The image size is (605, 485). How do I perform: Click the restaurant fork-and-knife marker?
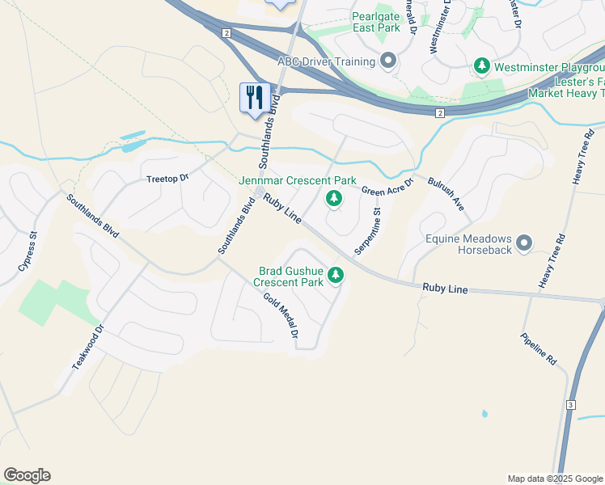click(x=256, y=98)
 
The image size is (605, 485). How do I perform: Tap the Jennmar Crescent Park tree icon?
click(x=332, y=198)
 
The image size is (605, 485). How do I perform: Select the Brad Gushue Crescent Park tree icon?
click(x=336, y=277)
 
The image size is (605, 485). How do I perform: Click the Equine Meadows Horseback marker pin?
click(x=524, y=242)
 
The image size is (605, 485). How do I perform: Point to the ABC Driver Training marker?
click(x=388, y=61)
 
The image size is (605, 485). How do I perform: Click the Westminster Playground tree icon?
click(x=481, y=64)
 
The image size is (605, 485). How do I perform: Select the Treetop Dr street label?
click(x=167, y=177)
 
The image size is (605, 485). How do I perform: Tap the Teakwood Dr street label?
click(x=88, y=348)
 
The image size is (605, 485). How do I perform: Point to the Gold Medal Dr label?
click(x=281, y=315)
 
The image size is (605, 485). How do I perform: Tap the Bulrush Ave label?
click(x=446, y=195)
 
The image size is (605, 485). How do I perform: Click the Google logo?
click(x=27, y=475)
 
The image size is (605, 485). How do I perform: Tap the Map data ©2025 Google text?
click(x=554, y=479)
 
